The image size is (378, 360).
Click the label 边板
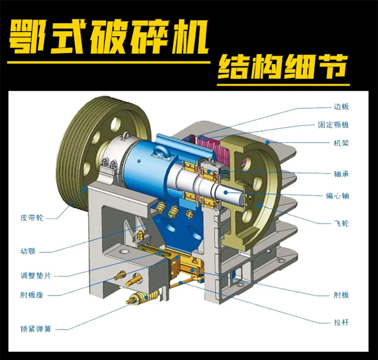click(x=341, y=106)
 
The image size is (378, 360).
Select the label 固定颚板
click(x=334, y=125)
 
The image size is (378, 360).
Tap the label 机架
click(x=341, y=143)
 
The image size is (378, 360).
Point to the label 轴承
click(x=341, y=174)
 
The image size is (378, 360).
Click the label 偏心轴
click(x=337, y=196)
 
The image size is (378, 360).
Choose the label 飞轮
click(x=341, y=223)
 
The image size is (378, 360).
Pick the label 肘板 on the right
click(x=341, y=295)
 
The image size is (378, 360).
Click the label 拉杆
click(x=341, y=322)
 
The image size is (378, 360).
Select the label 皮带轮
click(x=32, y=218)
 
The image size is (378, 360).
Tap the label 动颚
click(x=28, y=252)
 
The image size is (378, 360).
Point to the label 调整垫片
click(x=36, y=275)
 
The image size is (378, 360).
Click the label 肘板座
click(x=32, y=295)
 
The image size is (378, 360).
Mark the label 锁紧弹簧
click(x=36, y=329)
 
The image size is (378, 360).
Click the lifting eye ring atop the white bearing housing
click(x=125, y=136)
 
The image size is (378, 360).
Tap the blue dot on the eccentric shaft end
click(x=226, y=192)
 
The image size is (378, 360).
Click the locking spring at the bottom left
click(x=143, y=297)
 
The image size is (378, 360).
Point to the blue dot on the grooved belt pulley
click(x=84, y=188)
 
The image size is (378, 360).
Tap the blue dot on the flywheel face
click(x=259, y=205)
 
